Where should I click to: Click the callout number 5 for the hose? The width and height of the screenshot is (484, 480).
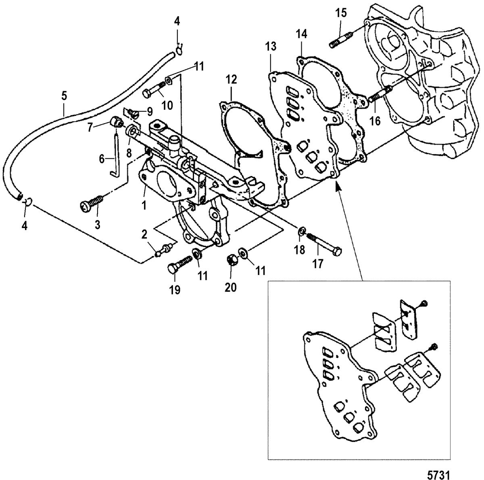(64, 97)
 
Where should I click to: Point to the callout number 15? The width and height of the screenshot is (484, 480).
(341, 13)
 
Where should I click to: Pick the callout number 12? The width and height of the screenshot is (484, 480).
(230, 80)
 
